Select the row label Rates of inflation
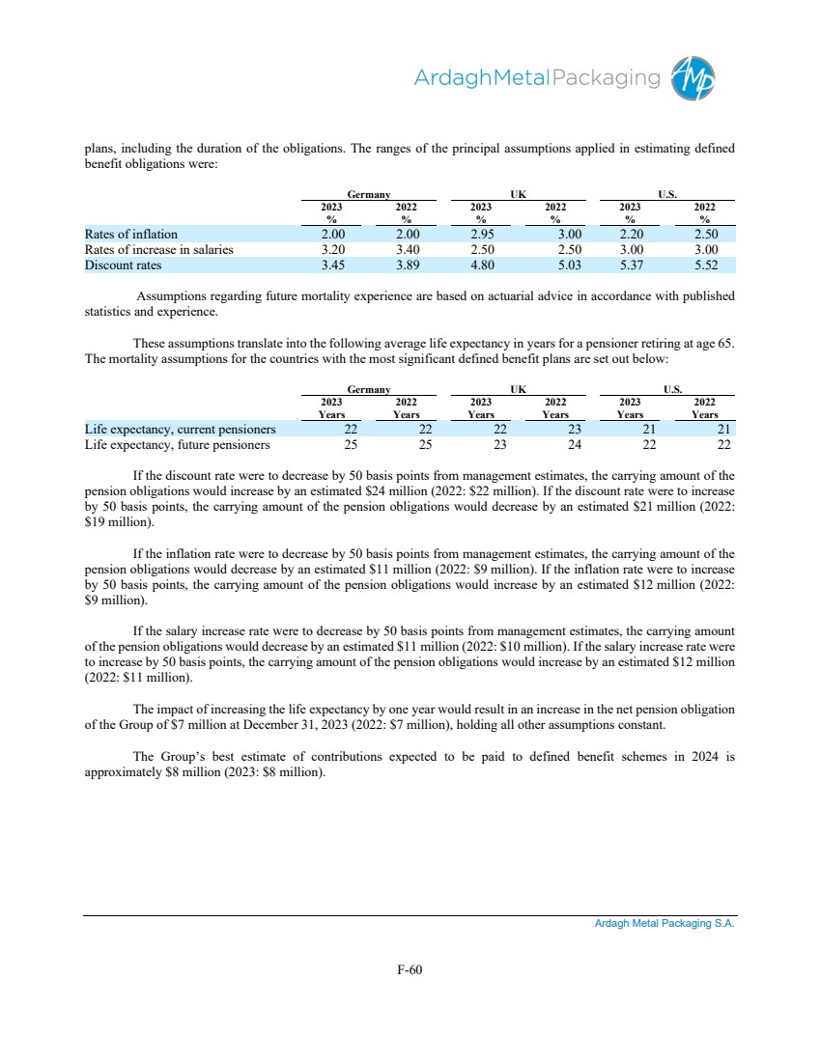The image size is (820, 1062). pos(131,234)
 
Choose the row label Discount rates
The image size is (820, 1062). pos(123,265)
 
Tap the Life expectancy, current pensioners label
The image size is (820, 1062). pos(180,429)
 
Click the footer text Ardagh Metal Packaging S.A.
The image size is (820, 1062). pos(664,924)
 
